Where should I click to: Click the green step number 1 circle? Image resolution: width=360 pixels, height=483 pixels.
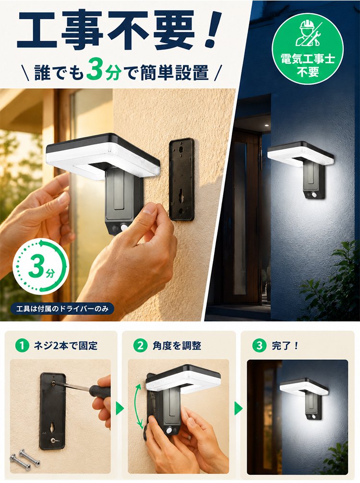(x=22, y=346)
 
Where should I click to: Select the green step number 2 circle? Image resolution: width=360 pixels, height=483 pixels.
(x=140, y=346)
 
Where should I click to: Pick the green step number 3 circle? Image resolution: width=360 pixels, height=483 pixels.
(x=259, y=346)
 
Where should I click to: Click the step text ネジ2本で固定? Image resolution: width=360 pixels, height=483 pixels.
(x=65, y=346)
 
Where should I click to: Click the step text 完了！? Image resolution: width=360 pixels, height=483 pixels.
(x=285, y=346)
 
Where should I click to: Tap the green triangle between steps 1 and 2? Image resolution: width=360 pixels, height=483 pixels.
(x=120, y=409)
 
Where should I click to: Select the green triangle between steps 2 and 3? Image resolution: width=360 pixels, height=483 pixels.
(x=238, y=409)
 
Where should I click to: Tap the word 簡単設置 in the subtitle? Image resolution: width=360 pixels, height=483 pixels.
(x=174, y=73)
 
